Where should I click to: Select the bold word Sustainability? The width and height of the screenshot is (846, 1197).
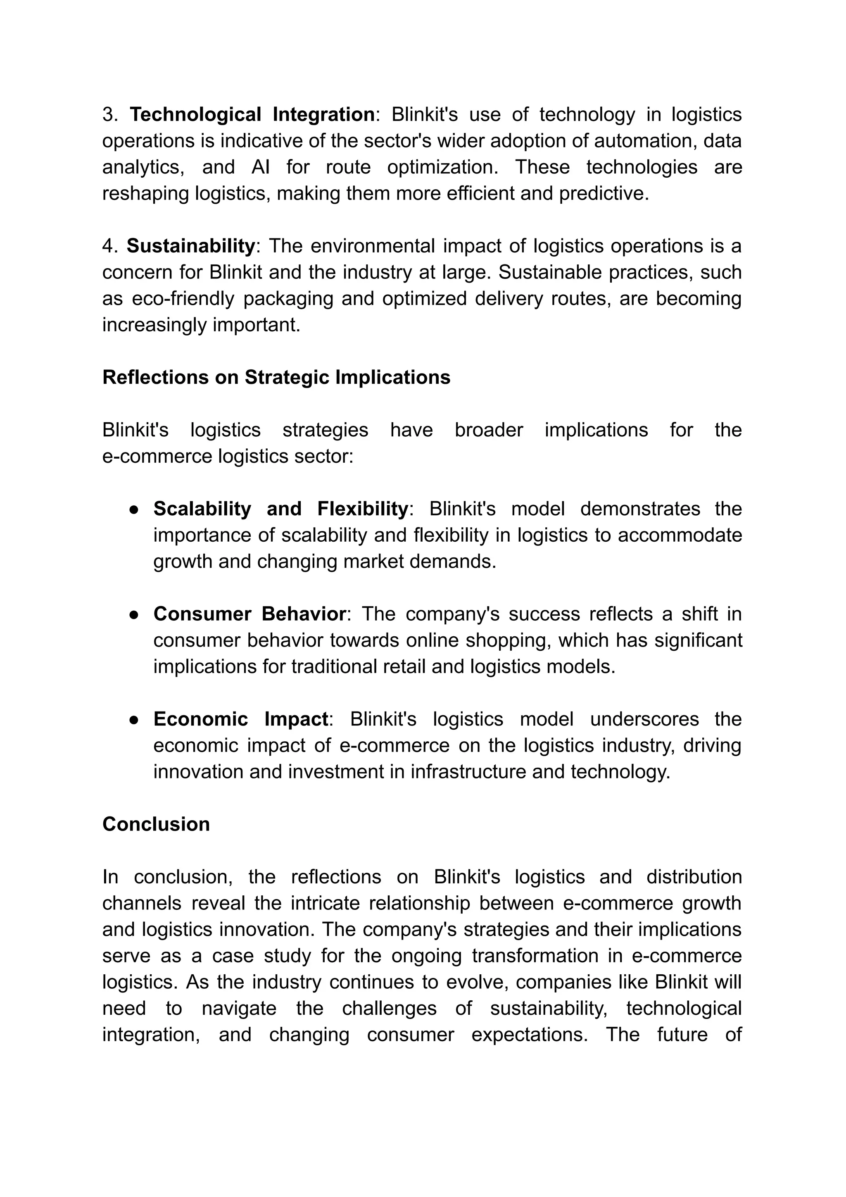[190, 245]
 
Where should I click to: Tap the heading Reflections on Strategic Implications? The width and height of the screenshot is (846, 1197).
[276, 377]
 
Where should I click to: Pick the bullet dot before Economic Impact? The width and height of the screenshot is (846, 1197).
[133, 720]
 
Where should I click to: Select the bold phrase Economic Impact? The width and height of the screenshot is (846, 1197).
[240, 719]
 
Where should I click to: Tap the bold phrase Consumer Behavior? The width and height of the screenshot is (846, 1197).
[249, 614]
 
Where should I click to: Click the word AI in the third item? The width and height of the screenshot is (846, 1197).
[260, 167]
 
